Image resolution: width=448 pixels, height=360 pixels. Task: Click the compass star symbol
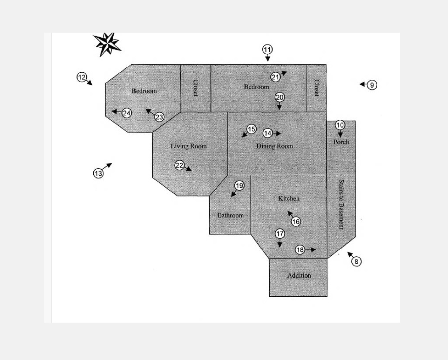107,44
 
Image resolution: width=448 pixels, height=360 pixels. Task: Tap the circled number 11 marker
268,50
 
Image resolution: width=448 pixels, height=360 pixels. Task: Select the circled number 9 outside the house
372,85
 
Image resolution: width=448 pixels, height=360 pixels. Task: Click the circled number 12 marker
82,77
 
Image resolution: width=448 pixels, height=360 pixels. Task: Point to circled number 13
98,173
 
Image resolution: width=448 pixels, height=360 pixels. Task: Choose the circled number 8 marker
356,261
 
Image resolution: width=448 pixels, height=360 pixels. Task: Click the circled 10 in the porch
340,125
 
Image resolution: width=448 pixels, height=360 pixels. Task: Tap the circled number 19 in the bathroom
239,186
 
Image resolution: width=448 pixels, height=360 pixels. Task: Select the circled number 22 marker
180,165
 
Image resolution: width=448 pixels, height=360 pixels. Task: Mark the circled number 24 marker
127,113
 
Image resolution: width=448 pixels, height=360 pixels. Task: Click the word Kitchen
289,198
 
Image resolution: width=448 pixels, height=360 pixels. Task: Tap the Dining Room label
275,146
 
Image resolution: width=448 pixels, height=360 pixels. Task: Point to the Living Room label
188,146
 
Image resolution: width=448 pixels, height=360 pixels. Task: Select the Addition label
299,276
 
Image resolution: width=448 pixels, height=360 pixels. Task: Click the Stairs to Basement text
341,205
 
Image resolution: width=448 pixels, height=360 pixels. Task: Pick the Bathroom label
231,215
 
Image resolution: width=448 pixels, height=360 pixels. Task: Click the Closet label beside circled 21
316,88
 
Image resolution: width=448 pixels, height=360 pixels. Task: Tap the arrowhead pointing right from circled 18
314,250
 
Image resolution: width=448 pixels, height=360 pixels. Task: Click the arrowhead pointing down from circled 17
280,245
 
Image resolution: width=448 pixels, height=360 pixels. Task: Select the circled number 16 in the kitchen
296,221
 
